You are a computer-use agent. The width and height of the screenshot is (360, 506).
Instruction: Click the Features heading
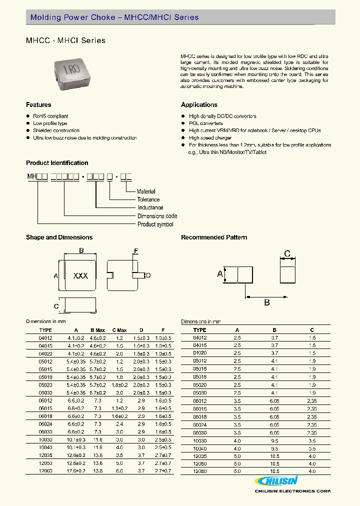38,105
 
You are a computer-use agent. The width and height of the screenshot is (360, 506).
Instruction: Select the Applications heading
199,105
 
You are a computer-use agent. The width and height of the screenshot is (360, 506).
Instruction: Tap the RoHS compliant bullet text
50,116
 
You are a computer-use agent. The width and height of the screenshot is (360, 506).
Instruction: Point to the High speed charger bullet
210,137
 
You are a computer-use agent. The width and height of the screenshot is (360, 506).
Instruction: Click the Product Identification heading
57,163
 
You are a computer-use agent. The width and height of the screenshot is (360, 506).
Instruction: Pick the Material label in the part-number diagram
146,191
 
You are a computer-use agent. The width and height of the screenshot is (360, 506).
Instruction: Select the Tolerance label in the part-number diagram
148,199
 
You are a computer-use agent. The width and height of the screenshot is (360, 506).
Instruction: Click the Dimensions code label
157,216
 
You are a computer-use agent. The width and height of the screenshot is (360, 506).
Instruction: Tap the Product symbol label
155,224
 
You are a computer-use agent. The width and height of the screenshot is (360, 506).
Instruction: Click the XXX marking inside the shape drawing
80,275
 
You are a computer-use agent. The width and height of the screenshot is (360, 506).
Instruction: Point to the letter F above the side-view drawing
135,251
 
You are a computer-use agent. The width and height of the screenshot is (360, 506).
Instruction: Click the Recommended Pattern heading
214,237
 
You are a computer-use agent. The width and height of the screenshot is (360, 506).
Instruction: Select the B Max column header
97,330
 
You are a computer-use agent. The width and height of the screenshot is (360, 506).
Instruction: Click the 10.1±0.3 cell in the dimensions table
76,439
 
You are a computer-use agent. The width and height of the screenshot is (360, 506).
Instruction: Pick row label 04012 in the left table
45,338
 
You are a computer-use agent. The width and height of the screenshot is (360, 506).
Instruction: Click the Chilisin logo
277,481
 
